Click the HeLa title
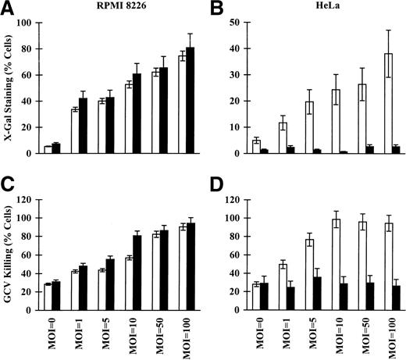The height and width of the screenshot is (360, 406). (x=315, y=9)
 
